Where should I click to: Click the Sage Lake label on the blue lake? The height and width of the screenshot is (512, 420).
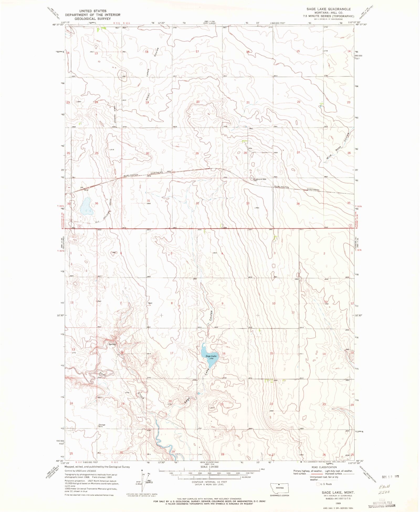point(211,356)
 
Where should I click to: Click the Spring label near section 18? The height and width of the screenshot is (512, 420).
point(112,344)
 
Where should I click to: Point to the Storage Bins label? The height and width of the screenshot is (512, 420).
point(102,426)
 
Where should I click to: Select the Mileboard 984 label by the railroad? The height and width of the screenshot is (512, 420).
point(260,179)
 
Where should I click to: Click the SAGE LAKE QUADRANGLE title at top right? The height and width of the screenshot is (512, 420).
point(328,9)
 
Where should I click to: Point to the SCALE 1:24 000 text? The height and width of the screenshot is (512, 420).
point(209,467)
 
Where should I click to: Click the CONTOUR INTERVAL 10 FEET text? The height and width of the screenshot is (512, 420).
point(209,482)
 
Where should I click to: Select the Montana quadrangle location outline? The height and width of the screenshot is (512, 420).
point(279,488)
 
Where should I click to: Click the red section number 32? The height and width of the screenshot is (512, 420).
point(197,203)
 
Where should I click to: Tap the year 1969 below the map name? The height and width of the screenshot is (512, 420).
point(338,503)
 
